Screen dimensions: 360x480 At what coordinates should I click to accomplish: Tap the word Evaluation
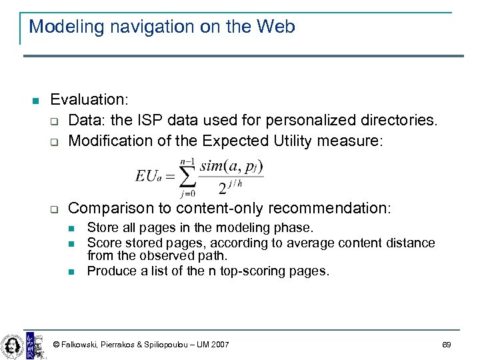(89, 100)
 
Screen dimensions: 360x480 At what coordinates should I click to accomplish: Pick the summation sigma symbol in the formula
(189, 176)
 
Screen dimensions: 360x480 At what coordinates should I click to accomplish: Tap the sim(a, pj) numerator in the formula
(231, 166)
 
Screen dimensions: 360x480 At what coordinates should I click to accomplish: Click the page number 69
(447, 345)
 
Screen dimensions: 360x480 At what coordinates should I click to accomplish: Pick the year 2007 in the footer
(218, 345)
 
